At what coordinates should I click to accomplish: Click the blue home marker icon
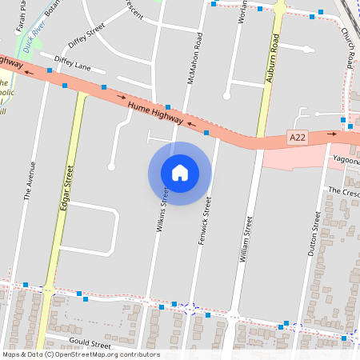click(180, 173)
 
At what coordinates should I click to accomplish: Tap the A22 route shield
click(298, 138)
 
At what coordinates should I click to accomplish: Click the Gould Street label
click(90, 344)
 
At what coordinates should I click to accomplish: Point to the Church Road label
click(349, 48)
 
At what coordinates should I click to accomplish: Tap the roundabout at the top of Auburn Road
click(280, 7)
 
